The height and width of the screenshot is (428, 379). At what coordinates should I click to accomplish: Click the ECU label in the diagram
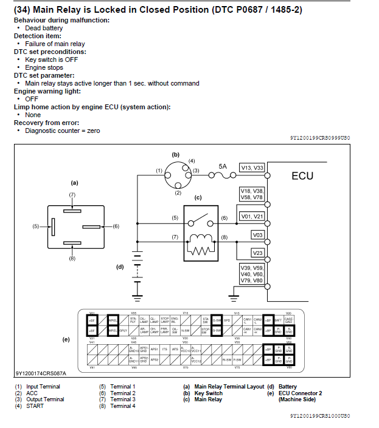(302, 176)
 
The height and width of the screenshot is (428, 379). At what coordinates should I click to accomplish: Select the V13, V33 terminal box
(252, 168)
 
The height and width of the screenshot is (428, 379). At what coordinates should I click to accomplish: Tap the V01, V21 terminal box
(252, 216)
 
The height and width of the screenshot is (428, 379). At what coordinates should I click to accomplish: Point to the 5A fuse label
(223, 166)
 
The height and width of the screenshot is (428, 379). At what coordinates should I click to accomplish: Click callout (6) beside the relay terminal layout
(116, 226)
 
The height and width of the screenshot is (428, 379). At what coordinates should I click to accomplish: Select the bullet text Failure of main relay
(55, 44)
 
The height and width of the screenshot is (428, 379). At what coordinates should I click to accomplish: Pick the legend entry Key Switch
(208, 393)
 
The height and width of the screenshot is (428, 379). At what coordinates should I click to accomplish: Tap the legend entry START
(35, 406)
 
